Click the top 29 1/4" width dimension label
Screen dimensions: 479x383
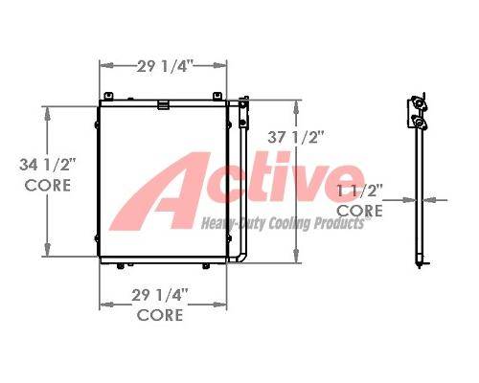[x=165, y=66]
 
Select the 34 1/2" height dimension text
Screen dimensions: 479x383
[x=47, y=165]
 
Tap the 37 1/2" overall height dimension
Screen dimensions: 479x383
[x=296, y=138]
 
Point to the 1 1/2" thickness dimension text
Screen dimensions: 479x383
[x=360, y=191]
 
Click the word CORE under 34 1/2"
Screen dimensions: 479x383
[x=48, y=186]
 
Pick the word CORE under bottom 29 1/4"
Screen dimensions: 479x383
[x=160, y=315]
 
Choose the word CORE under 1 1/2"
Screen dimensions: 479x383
[x=360, y=211]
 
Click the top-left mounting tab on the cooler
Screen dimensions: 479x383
[x=108, y=96]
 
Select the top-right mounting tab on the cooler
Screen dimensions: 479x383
[x=217, y=96]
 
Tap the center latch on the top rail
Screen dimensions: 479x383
[x=163, y=104]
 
